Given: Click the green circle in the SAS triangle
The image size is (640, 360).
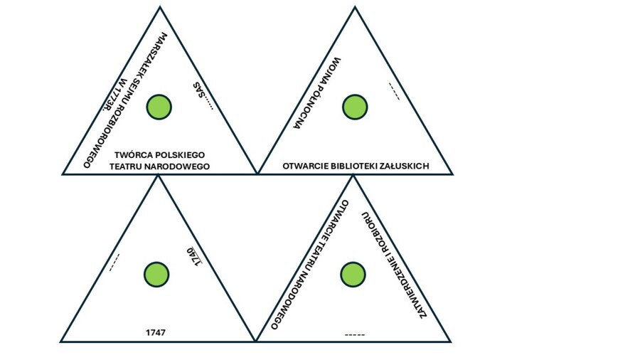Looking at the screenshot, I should coord(159,107).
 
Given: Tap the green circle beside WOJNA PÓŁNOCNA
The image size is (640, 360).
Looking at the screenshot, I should coord(355,107).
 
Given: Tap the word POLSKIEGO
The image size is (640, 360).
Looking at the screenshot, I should coord(181,154).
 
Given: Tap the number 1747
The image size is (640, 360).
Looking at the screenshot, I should coord(156,332).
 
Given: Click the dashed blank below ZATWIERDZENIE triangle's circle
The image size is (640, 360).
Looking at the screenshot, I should coord(354,334).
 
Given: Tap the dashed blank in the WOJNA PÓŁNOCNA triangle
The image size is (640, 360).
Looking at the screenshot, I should coord(394,92).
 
